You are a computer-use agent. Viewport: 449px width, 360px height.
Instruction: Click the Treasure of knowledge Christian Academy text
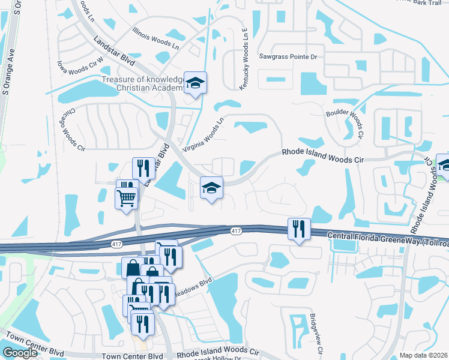(x=142, y=84)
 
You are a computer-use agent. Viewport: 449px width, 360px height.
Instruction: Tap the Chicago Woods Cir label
(x=71, y=129)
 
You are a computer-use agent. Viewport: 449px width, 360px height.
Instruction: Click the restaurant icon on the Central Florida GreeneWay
(x=298, y=229)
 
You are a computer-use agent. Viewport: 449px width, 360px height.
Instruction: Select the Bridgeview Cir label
(x=315, y=334)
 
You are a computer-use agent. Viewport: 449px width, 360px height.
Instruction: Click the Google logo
(x=20, y=352)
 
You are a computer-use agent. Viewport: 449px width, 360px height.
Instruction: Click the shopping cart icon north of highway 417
(x=126, y=198)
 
